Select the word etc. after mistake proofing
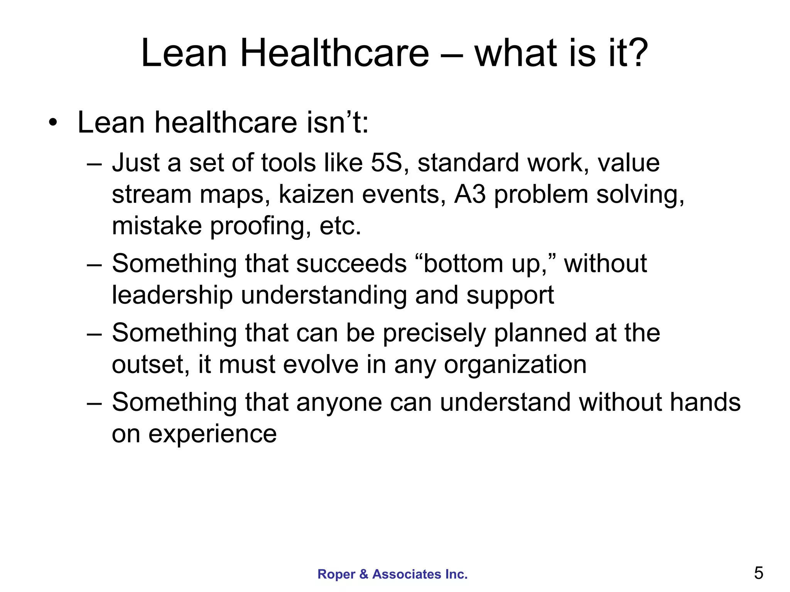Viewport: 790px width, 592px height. pos(340,226)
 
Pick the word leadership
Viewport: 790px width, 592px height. pos(172,295)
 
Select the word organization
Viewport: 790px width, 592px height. pos(515,365)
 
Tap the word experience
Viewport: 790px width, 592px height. pos(213,434)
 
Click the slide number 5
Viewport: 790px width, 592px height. pos(758,573)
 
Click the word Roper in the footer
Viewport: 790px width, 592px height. pos(336,574)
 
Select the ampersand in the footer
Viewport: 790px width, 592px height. pos(364,574)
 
